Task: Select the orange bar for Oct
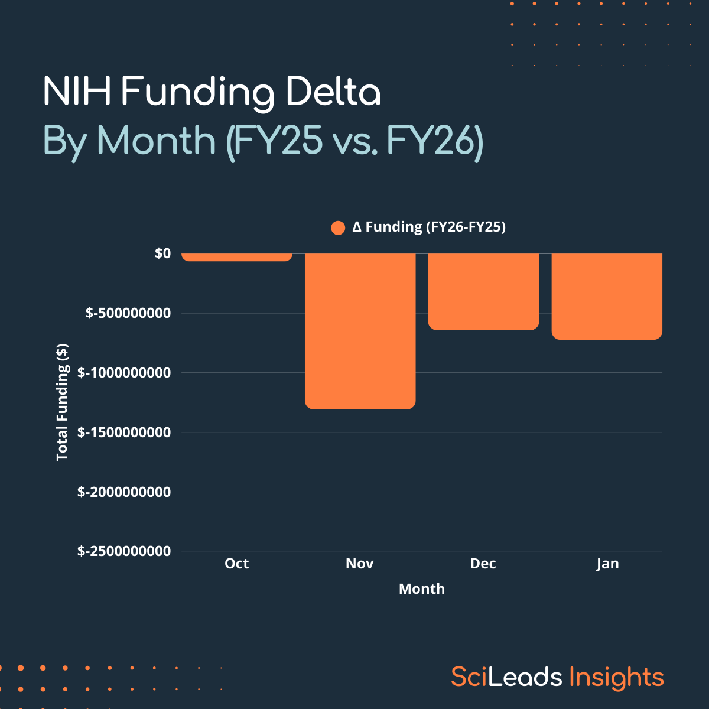[x=237, y=257]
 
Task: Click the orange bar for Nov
[x=360, y=331]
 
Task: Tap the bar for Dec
[x=483, y=291]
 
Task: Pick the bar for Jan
[x=607, y=296]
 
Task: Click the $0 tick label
[x=162, y=253]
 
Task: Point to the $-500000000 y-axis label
[x=128, y=313]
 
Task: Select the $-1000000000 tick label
[x=124, y=373]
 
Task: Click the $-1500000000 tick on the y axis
[x=124, y=432]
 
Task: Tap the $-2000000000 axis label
[x=124, y=492]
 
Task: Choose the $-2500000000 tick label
[x=124, y=551]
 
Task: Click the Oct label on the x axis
[x=237, y=564]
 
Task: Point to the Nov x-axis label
[x=360, y=564]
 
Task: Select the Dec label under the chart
[x=483, y=564]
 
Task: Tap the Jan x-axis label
[x=607, y=564]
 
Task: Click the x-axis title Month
[x=422, y=589]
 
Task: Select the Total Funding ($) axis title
[x=62, y=402]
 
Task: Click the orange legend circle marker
[x=338, y=228]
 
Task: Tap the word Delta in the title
[x=333, y=93]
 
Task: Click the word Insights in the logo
[x=617, y=677]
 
